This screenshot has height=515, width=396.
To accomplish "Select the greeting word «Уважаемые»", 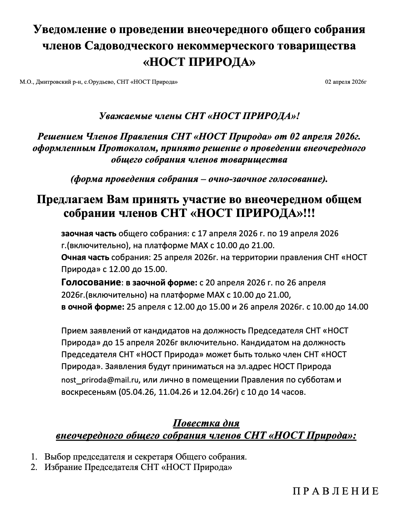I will (x=122, y=116).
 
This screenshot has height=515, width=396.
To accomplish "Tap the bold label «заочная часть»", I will (x=89, y=234).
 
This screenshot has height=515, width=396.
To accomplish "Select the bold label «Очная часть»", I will (x=85, y=257).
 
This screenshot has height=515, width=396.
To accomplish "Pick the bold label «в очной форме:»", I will (x=93, y=307).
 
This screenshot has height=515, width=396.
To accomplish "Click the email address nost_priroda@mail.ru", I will (x=100, y=380).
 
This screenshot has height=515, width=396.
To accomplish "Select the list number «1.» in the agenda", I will (x=34, y=457).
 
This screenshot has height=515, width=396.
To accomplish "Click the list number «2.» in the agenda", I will (x=34, y=467).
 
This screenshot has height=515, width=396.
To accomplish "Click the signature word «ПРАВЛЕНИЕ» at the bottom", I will (x=336, y=491).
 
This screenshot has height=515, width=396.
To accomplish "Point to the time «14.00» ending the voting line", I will (x=359, y=307).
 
